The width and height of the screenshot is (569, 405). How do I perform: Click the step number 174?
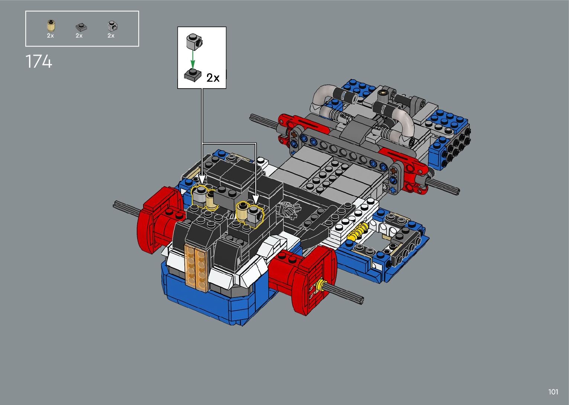[x=39, y=61]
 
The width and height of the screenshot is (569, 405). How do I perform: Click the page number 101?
[x=553, y=392]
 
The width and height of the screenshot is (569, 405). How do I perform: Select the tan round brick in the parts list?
[x=51, y=25]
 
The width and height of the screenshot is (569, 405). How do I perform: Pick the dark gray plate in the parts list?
[x=81, y=27]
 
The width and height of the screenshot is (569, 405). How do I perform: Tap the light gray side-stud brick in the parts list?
[x=112, y=26]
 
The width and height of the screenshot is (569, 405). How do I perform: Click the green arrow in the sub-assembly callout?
[x=193, y=60]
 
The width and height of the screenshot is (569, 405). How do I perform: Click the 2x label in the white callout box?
[x=213, y=78]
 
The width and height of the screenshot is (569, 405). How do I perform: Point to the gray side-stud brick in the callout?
[x=194, y=42]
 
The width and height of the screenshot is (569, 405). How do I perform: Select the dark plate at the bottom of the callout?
[x=193, y=75]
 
